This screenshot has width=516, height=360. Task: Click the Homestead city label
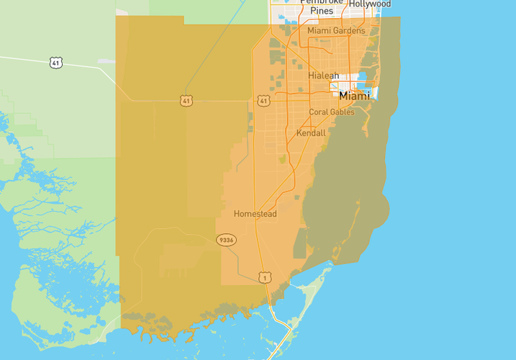pyautogui.click(x=255, y=214)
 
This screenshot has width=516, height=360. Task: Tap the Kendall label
pyautogui.click(x=311, y=133)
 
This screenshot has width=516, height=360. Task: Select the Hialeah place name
pyautogui.click(x=323, y=76)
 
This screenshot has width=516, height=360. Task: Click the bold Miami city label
pyautogui.click(x=354, y=96)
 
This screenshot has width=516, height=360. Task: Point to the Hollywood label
pyautogui.click(x=370, y=4)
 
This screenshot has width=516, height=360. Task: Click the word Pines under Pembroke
pyautogui.click(x=321, y=12)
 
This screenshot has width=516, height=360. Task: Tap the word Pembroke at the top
pyautogui.click(x=321, y=2)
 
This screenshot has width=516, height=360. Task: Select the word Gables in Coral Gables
pyautogui.click(x=342, y=112)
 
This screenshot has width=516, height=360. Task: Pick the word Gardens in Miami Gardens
pyautogui.click(x=348, y=31)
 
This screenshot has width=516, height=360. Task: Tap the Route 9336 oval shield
pyautogui.click(x=226, y=240)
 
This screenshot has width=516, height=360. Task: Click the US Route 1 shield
pyautogui.click(x=266, y=277)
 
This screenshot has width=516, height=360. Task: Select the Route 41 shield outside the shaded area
pyautogui.click(x=56, y=63)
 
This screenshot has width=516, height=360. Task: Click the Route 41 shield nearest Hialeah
pyautogui.click(x=263, y=101)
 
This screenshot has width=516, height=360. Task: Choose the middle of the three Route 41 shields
pyautogui.click(x=186, y=101)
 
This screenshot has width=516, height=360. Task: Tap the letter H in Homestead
pyautogui.click(x=237, y=214)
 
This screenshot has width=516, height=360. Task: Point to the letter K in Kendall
pyautogui.click(x=299, y=133)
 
